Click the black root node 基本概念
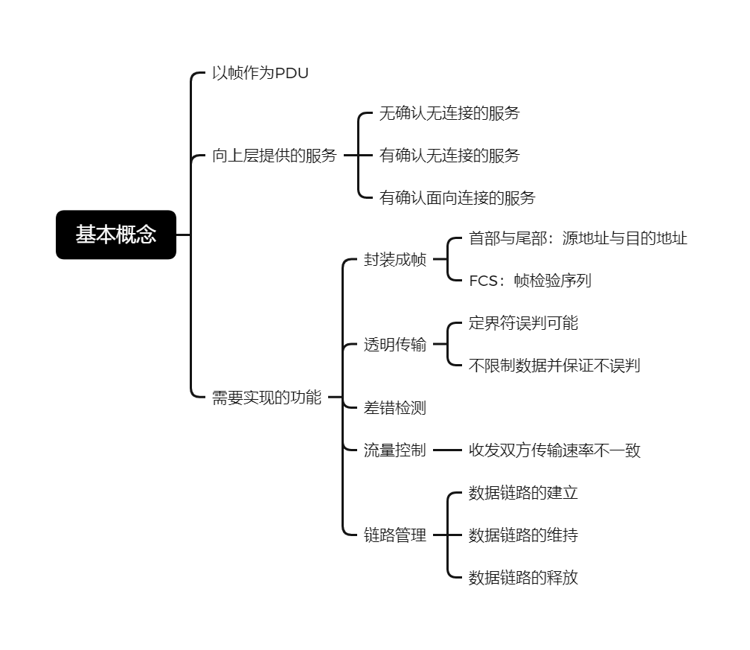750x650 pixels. pyautogui.click(x=116, y=235)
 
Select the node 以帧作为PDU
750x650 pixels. pyautogui.click(x=260, y=73)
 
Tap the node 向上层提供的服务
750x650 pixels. pyautogui.click(x=275, y=156)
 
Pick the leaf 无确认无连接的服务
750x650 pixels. pyautogui.click(x=449, y=113)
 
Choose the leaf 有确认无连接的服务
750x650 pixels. pyautogui.click(x=449, y=156)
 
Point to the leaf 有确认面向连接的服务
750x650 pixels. pyautogui.click(x=457, y=198)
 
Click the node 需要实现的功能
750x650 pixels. pyautogui.click(x=267, y=398)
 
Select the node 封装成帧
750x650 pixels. pyautogui.click(x=395, y=259)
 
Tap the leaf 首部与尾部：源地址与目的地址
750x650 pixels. pyautogui.click(x=578, y=238)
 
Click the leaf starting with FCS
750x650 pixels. pyautogui.click(x=530, y=281)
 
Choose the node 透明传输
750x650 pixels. pyautogui.click(x=395, y=344)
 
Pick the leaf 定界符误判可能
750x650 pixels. pyautogui.click(x=523, y=323)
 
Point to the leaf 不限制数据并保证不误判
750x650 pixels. pyautogui.click(x=554, y=366)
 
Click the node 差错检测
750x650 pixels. pyautogui.click(x=395, y=408)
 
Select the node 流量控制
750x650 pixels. pyautogui.click(x=395, y=450)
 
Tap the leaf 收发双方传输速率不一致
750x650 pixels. pyautogui.click(x=554, y=450)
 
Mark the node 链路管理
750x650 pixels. pyautogui.click(x=395, y=535)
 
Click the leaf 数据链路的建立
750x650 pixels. pyautogui.click(x=523, y=493)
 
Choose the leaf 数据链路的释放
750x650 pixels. pyautogui.click(x=523, y=578)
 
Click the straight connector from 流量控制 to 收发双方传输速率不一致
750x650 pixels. pyautogui.click(x=448, y=450)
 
